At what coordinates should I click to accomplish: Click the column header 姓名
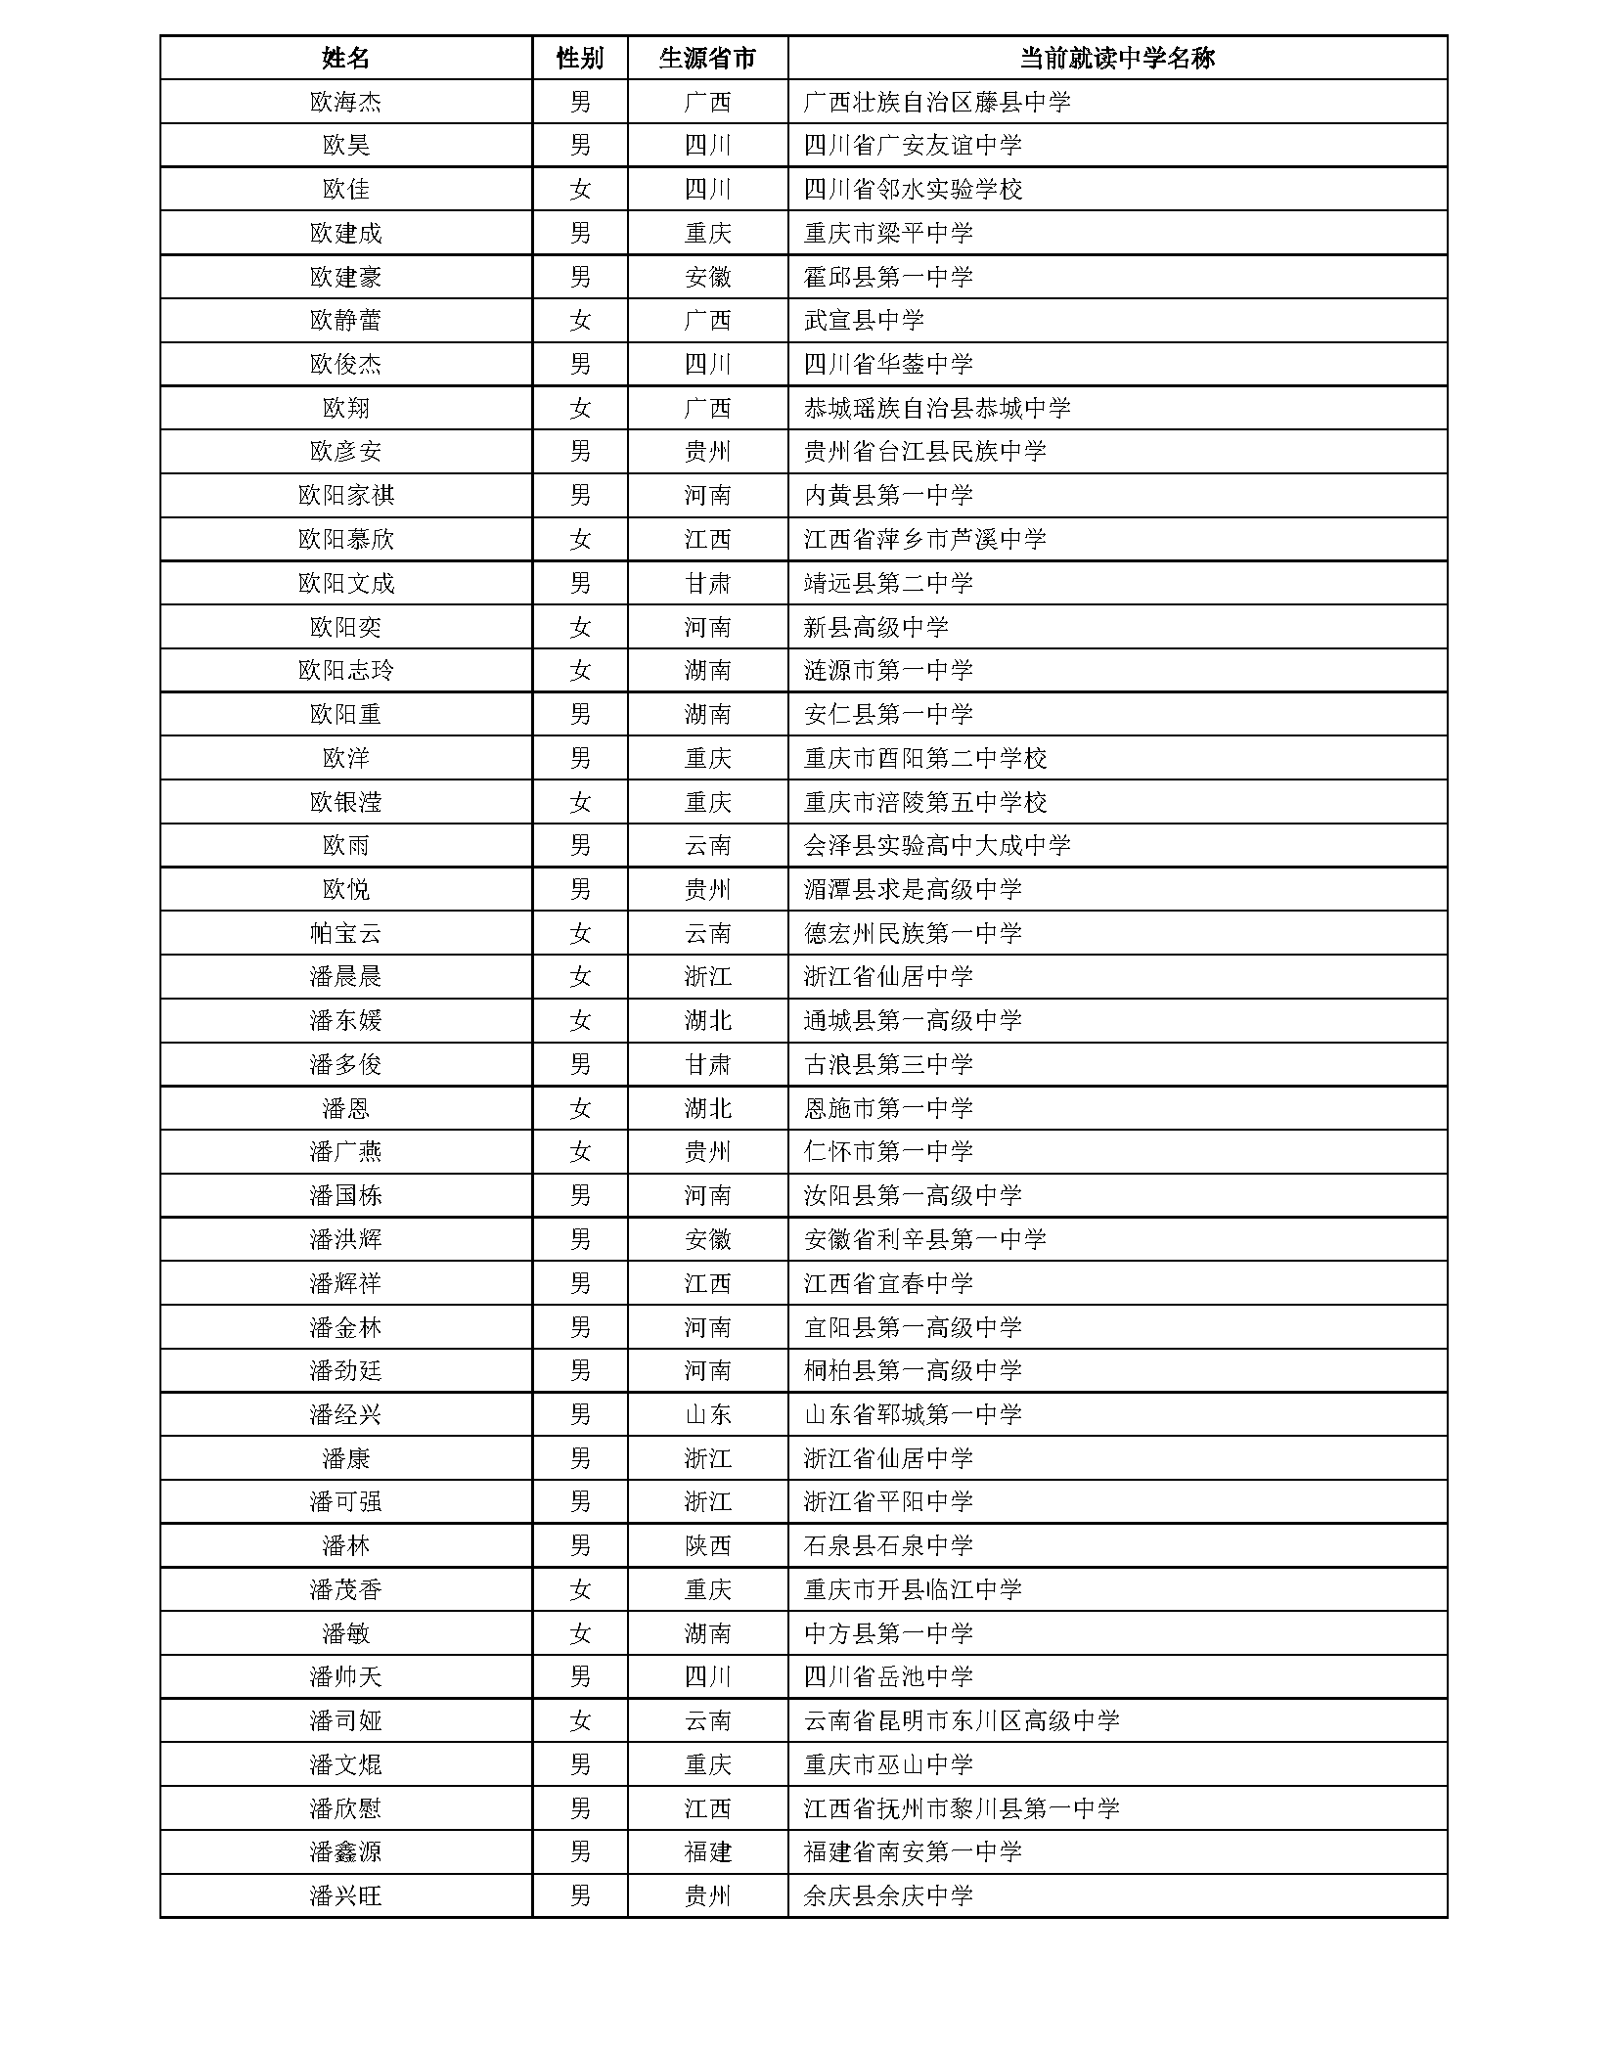[345, 59]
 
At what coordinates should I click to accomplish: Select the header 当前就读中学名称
[1116, 59]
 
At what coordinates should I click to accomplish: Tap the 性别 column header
[580, 59]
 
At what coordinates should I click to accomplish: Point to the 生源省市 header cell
[707, 59]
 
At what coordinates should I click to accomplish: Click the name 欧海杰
[345, 102]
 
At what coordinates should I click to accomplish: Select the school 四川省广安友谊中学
[912, 146]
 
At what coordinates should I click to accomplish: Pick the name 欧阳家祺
[345, 496]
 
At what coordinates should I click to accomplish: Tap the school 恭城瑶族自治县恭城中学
[936, 408]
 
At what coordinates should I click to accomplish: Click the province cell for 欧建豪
[707, 277]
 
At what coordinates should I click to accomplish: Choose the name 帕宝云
[345, 933]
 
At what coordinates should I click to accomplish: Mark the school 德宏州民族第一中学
[912, 933]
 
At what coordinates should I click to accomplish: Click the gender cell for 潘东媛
[580, 1021]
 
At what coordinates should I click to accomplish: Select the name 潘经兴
[345, 1414]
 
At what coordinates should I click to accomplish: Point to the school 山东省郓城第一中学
[912, 1414]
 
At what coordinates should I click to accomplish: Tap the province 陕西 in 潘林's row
[707, 1546]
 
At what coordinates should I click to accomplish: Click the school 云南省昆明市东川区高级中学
[961, 1720]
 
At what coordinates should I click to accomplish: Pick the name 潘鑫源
[345, 1852]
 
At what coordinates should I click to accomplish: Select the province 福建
[707, 1852]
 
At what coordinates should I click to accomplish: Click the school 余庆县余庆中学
[887, 1896]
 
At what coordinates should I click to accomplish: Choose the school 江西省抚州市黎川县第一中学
[961, 1808]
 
